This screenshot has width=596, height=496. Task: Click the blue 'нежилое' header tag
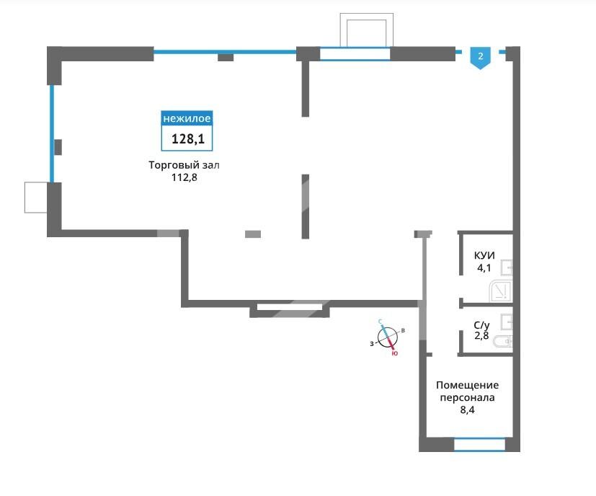click(x=187, y=118)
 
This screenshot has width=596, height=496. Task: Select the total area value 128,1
click(x=188, y=139)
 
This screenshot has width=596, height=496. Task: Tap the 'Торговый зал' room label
click(x=184, y=165)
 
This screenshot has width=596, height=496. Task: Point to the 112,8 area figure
click(x=184, y=177)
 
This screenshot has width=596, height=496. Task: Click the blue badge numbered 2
click(x=481, y=58)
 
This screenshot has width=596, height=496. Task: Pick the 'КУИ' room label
click(x=484, y=255)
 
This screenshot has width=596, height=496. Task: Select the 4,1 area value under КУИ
click(x=484, y=267)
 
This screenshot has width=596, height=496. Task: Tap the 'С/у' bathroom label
click(x=481, y=326)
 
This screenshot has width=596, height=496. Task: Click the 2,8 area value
click(x=481, y=335)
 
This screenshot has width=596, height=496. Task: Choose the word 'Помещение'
click(x=467, y=385)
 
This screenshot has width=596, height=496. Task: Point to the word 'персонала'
click(x=467, y=398)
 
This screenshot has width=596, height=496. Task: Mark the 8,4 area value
click(x=467, y=410)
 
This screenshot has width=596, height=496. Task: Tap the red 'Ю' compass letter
click(x=394, y=354)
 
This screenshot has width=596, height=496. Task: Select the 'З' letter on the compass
click(x=372, y=344)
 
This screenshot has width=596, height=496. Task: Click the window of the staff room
click(x=480, y=444)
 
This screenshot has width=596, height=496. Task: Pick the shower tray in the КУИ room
click(x=501, y=291)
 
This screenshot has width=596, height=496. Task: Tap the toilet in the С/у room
click(x=503, y=342)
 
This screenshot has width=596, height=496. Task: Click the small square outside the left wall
click(x=36, y=198)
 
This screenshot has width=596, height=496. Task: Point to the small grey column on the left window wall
click(x=58, y=147)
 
